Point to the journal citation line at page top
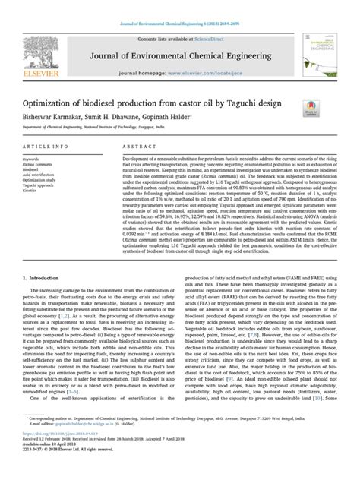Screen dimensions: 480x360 [x=179, y=8]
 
